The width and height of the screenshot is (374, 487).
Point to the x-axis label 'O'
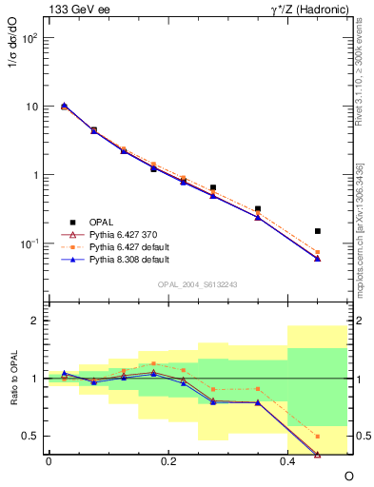348,475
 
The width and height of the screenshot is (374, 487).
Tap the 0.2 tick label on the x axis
168,461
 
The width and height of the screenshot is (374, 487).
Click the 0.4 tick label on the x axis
288,461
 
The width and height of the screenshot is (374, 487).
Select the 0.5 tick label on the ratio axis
32,437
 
